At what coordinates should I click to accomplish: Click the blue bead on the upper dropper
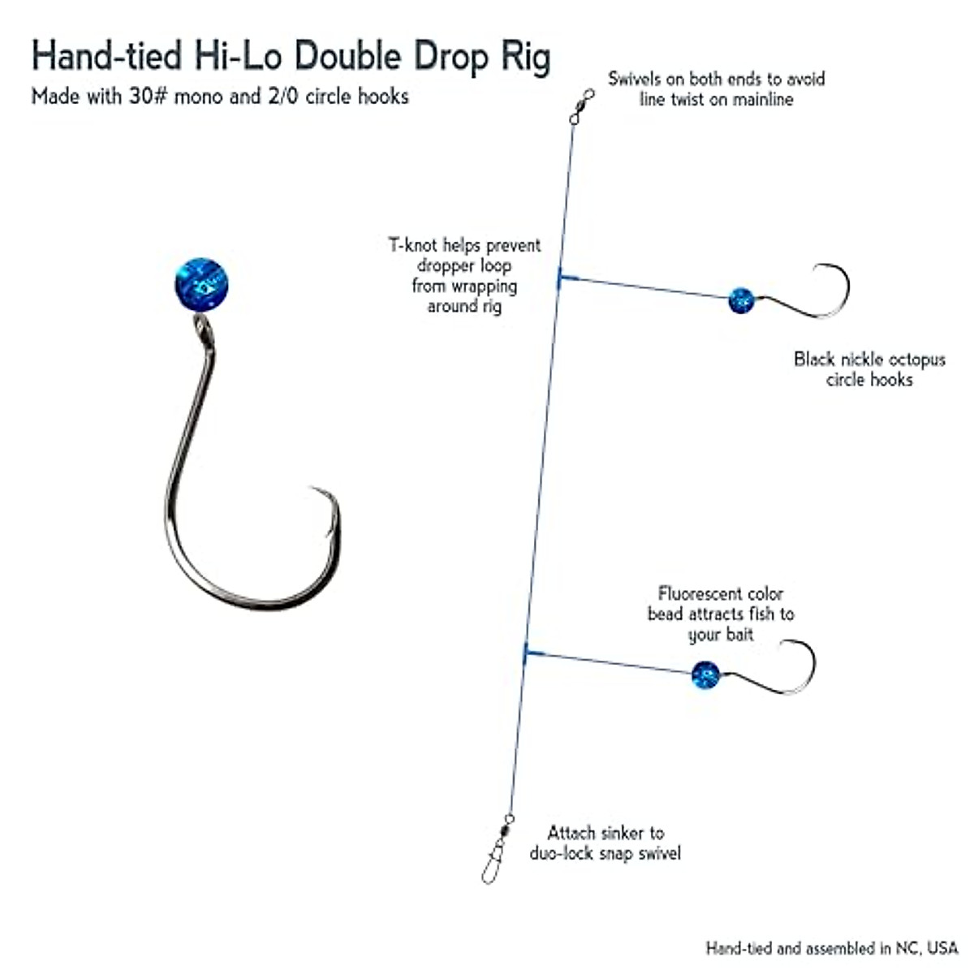(x=740, y=300)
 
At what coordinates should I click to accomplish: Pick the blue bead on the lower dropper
(x=705, y=674)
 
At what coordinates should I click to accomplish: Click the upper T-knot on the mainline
(x=560, y=278)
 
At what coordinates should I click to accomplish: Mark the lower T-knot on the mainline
(x=526, y=650)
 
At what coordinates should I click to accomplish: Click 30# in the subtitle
(x=148, y=97)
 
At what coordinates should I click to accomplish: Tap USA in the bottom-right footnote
(x=942, y=948)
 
